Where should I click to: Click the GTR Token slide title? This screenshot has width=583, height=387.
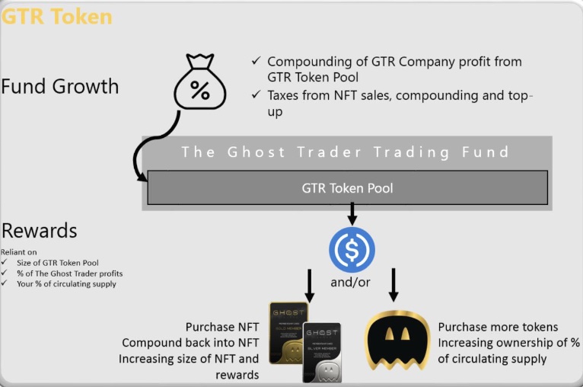[56, 16]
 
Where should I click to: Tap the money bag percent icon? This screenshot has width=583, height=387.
[199, 82]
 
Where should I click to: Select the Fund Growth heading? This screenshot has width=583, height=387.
[60, 86]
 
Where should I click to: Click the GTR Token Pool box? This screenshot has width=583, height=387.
[347, 187]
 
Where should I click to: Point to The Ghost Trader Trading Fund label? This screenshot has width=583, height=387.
[346, 152]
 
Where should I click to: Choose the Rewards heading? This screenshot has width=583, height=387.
[40, 230]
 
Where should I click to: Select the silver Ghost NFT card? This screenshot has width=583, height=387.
[322, 352]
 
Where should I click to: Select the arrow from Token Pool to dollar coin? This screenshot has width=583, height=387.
[351, 213]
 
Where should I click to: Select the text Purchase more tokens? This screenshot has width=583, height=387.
[498, 327]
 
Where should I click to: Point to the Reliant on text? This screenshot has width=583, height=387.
[19, 251]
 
